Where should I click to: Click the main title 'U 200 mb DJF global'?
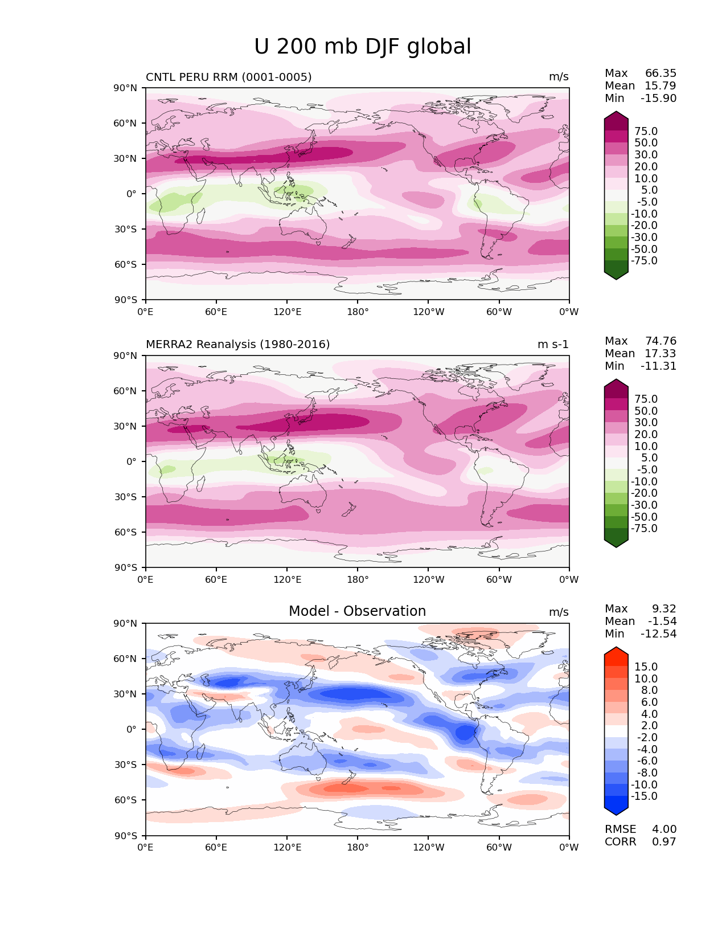pyautogui.click(x=362, y=47)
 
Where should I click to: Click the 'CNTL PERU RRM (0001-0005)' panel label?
pyautogui.click(x=228, y=77)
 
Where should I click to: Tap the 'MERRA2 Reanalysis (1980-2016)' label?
pyautogui.click(x=237, y=345)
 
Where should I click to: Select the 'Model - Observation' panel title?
pyautogui.click(x=357, y=611)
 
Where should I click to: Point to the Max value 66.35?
pyautogui.click(x=661, y=73)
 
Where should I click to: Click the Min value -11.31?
pyautogui.click(x=658, y=366)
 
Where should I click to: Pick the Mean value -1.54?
pyautogui.click(x=662, y=622)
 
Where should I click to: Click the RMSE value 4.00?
pyautogui.click(x=664, y=829)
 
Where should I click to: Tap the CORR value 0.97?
pyautogui.click(x=664, y=842)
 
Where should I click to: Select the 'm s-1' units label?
pyautogui.click(x=553, y=345)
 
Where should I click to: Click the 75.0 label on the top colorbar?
pyautogui.click(x=646, y=132)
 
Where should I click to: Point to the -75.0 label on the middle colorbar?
pyautogui.click(x=644, y=529)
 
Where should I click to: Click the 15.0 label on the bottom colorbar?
pyautogui.click(x=646, y=667)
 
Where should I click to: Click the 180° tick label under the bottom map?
pyautogui.click(x=358, y=848)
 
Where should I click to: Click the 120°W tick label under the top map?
pyautogui.click(x=429, y=312)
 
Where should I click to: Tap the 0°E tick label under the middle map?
pyautogui.click(x=146, y=580)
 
